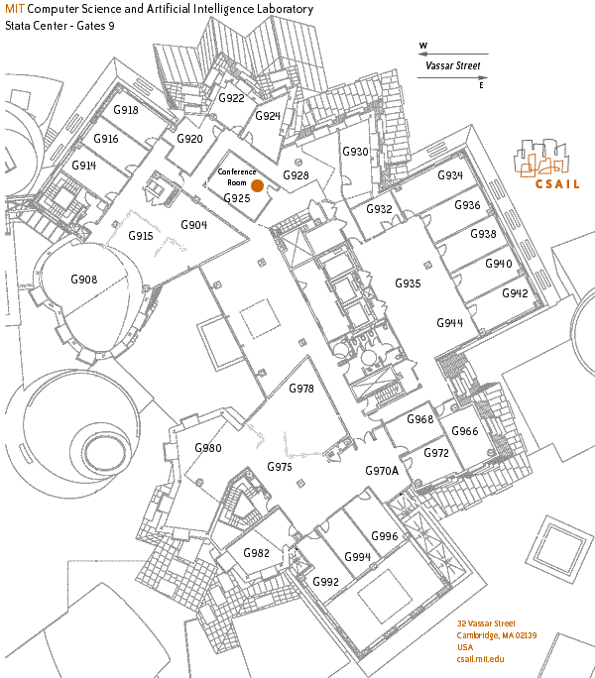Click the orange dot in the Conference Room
click(257, 185)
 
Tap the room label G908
click(84, 281)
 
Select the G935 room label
click(408, 283)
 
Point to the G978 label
click(301, 389)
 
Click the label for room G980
click(208, 448)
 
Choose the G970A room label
click(382, 470)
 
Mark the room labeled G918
click(125, 110)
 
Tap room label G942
click(515, 293)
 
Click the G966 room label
click(465, 431)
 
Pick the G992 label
click(325, 581)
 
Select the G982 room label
click(256, 553)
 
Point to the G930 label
click(355, 152)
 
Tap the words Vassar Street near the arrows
click(452, 66)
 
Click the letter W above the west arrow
click(423, 46)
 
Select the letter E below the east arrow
click(482, 86)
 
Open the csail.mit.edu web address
click(481, 659)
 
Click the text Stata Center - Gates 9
click(60, 24)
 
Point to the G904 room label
click(193, 225)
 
